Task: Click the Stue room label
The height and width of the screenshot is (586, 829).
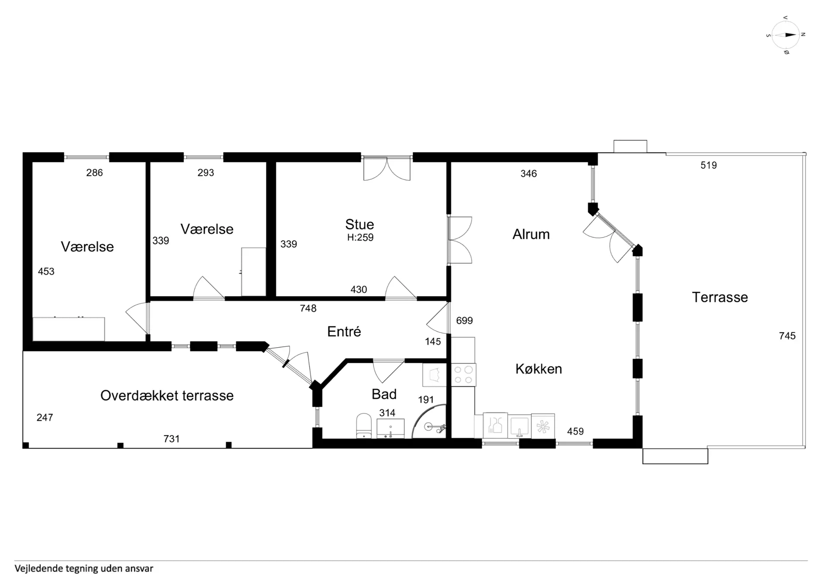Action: (x=360, y=225)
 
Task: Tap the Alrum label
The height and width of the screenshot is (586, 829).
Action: (x=531, y=234)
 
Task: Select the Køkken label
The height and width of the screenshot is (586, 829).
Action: (x=539, y=369)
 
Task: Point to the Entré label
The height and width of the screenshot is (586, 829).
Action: (x=344, y=332)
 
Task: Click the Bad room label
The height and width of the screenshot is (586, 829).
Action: (x=384, y=394)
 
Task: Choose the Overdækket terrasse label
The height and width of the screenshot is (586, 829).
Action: (x=167, y=396)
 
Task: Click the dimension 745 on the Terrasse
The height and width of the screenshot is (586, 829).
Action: (x=787, y=336)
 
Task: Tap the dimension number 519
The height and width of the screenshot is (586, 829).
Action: (x=709, y=165)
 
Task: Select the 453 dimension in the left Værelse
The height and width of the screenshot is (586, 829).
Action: (x=46, y=272)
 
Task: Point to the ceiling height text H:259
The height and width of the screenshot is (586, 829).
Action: (x=361, y=238)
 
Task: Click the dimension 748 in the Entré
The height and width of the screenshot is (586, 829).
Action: (x=308, y=308)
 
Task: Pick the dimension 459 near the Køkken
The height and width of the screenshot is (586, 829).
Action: (x=575, y=431)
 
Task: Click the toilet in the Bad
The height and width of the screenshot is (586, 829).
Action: (x=364, y=426)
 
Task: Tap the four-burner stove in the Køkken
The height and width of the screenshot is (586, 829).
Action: (x=463, y=375)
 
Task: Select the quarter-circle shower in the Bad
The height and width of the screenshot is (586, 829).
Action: (x=429, y=421)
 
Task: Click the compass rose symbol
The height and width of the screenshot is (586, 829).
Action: (x=786, y=35)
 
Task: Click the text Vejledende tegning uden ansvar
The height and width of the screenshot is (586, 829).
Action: (x=84, y=569)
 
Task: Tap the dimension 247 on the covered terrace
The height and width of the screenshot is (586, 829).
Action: (x=45, y=418)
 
